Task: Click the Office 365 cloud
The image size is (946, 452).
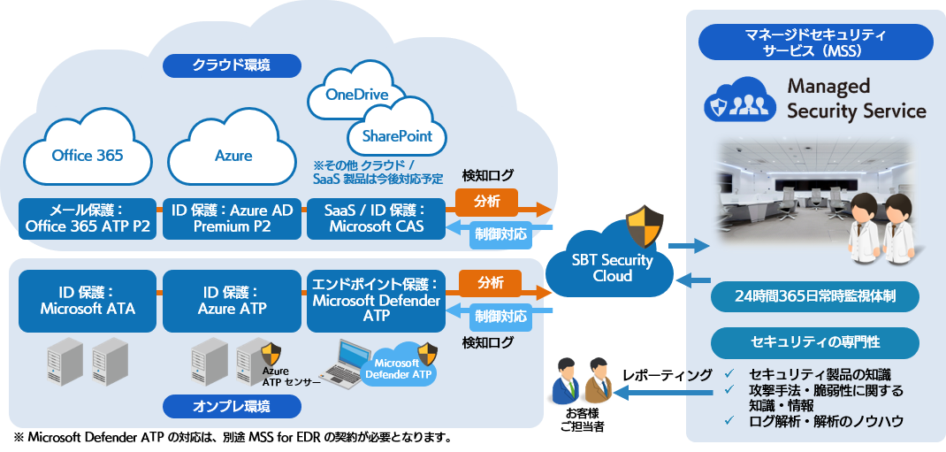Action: [x=87, y=155]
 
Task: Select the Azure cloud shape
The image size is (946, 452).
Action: [x=233, y=155]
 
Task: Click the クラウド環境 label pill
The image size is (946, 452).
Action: [x=232, y=65]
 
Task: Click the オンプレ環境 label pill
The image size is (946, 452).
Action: [x=232, y=407]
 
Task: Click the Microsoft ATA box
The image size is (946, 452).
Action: [x=87, y=300]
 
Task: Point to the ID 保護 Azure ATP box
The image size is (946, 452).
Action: [x=233, y=300]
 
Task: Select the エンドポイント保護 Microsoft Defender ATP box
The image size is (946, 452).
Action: [x=376, y=300]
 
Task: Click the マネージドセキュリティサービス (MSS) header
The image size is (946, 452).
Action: [x=815, y=42]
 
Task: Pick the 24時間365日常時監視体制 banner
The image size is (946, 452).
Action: [x=815, y=296]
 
